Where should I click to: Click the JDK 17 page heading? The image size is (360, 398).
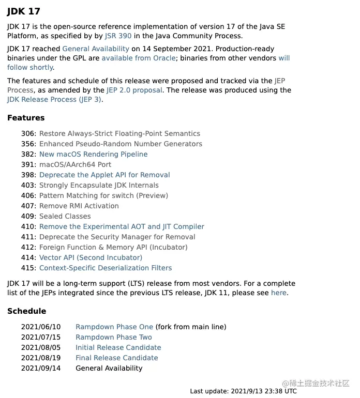click(x=24, y=11)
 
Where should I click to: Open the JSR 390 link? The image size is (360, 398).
click(x=118, y=36)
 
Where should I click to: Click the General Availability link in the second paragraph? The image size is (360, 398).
click(x=96, y=49)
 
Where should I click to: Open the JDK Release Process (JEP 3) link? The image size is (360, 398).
click(x=54, y=99)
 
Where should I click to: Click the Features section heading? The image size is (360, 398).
click(x=26, y=118)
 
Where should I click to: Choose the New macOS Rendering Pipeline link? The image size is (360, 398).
click(x=93, y=154)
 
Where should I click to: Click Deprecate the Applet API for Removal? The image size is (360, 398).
click(x=104, y=175)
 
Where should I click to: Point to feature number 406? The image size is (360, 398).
click(x=28, y=195)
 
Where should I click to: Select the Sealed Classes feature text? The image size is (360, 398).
click(x=65, y=216)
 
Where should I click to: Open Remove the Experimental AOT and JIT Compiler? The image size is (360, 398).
click(x=122, y=226)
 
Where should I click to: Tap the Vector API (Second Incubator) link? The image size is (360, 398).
click(x=91, y=257)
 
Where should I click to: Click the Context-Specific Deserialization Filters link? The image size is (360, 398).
click(x=106, y=268)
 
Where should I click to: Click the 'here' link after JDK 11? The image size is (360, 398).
click(x=278, y=293)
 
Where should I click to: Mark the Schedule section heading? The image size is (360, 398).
click(x=26, y=311)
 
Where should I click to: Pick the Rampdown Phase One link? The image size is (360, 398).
click(x=114, y=327)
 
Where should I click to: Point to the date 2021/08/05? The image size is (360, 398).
click(x=41, y=347)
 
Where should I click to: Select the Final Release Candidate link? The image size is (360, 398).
click(x=117, y=358)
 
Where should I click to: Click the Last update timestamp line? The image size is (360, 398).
click(x=243, y=391)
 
